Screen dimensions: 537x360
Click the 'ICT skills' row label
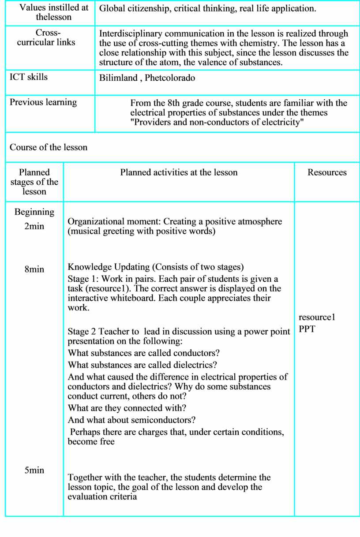pyautogui.click(x=29, y=77)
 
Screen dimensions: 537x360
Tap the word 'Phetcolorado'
pyautogui.click(x=170, y=78)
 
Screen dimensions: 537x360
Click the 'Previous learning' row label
pyautogui.click(x=43, y=102)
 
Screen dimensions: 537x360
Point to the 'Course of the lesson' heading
pyautogui.click(x=49, y=147)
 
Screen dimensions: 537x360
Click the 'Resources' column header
pyautogui.click(x=327, y=172)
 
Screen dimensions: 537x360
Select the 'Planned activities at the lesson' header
pyautogui.click(x=179, y=172)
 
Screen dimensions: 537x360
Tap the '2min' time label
pyautogui.click(x=34, y=227)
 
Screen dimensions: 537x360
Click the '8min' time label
pyautogui.click(x=34, y=269)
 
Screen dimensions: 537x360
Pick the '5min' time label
pyautogui.click(x=34, y=470)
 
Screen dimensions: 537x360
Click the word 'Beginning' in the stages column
pyautogui.click(x=34, y=212)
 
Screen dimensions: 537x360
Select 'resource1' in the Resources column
pyautogui.click(x=317, y=317)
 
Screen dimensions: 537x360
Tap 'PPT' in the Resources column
pyautogui.click(x=307, y=329)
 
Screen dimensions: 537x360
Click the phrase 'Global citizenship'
pyautogui.click(x=135, y=8)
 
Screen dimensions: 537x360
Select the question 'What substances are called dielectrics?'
pyautogui.click(x=142, y=365)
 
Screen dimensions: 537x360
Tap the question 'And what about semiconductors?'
pyautogui.click(x=132, y=420)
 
